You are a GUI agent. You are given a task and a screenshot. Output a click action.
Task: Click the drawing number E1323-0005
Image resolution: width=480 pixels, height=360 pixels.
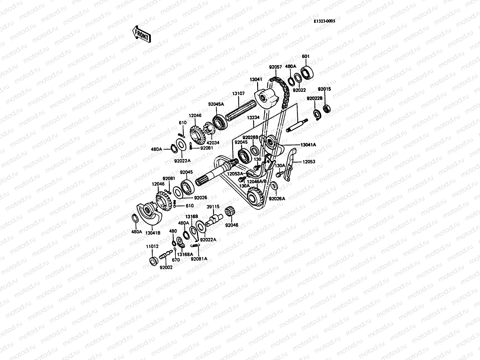(x=324, y=21)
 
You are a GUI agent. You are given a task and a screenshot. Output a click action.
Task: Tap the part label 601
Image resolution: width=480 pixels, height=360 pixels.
(x=305, y=56)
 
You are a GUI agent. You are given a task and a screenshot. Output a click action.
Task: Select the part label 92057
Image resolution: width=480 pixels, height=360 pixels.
(x=275, y=67)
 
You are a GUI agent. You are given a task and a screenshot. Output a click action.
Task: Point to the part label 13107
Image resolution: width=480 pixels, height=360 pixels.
(x=238, y=94)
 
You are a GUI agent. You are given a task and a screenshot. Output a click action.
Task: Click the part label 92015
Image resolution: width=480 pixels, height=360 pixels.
(x=324, y=89)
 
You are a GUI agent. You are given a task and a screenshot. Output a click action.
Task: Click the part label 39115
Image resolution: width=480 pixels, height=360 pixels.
(x=213, y=207)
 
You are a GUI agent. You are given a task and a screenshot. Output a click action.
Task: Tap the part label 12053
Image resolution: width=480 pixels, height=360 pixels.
(x=309, y=162)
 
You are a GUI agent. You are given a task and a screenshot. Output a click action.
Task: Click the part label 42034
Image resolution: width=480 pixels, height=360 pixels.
(x=213, y=143)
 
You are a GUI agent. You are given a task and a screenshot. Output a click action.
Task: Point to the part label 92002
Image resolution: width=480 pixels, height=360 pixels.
(x=166, y=267)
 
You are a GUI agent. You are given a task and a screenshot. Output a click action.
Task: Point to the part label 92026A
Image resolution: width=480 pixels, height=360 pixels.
(x=277, y=199)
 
